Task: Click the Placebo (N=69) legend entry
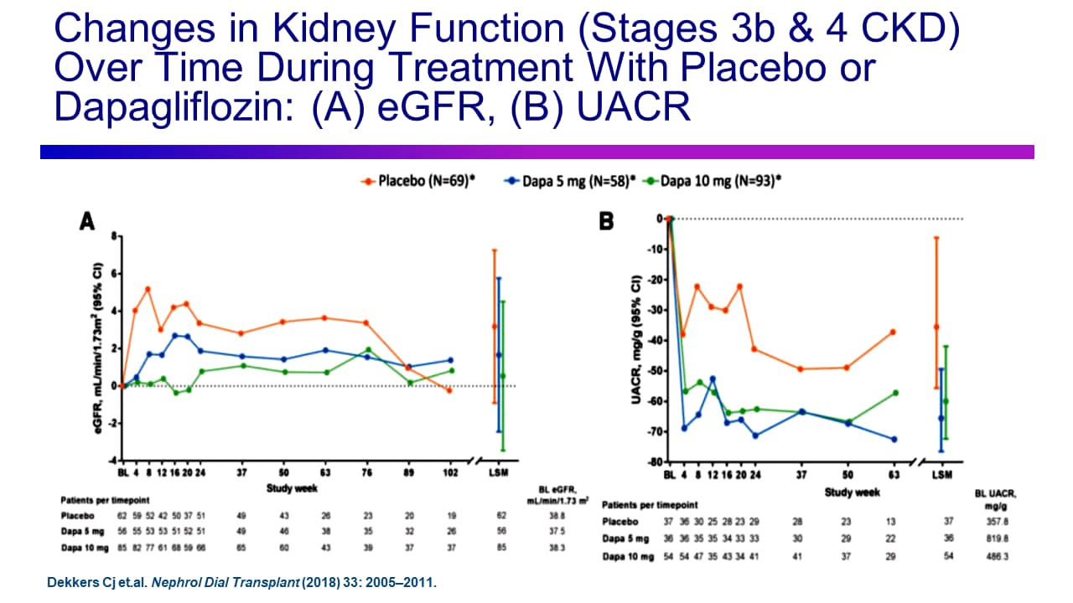coord(419,180)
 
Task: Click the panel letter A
coord(86,221)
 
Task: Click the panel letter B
coord(606,221)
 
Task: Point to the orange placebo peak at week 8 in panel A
coord(148,289)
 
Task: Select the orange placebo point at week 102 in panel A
coord(449,390)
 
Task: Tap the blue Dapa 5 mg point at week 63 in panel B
coord(894,439)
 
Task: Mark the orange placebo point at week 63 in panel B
coord(894,332)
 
